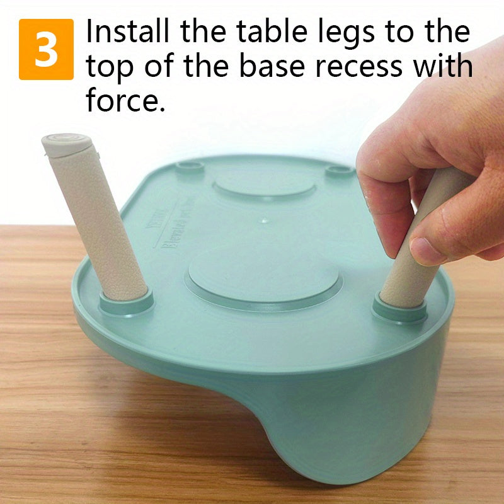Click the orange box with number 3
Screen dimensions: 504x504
46,49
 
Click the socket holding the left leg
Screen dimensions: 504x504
127,302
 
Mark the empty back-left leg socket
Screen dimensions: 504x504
190,167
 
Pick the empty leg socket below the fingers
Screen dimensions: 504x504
340,170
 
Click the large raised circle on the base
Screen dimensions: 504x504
265,277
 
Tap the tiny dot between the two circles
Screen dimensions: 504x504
264,220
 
